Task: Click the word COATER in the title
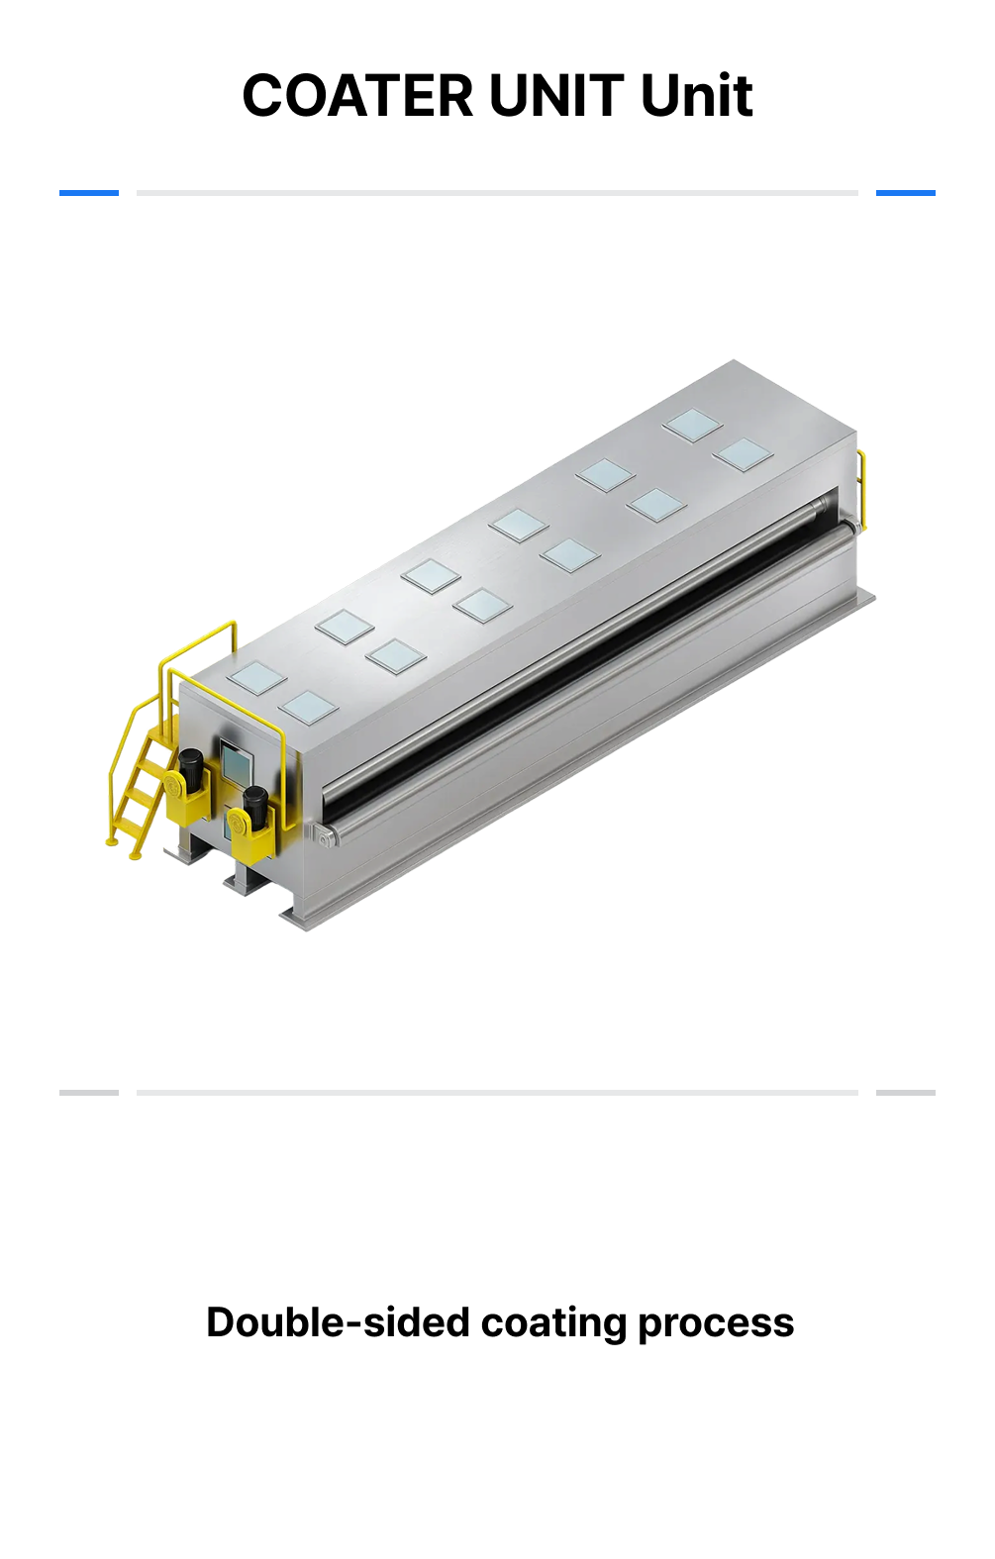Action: [x=357, y=95]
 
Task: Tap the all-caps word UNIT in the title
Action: [x=556, y=95]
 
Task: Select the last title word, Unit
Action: [x=696, y=95]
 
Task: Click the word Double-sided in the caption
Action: [x=338, y=1322]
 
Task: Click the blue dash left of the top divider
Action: [x=89, y=193]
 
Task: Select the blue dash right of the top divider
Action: [x=905, y=193]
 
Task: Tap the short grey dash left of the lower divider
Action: [x=89, y=1093]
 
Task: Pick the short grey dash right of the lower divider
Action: [x=905, y=1093]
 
